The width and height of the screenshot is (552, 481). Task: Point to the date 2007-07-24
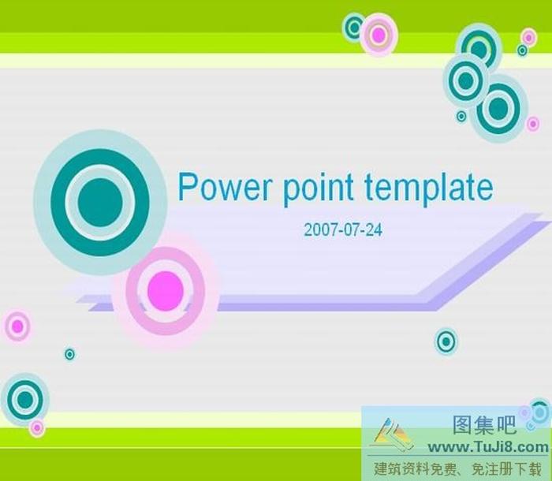coord(342,229)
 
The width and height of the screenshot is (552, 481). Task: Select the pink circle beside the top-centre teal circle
coord(379,35)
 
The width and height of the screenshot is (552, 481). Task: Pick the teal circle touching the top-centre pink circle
coord(354,28)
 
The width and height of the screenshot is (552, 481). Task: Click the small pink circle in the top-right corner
coord(528,37)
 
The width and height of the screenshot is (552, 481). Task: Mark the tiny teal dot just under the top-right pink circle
coord(522,50)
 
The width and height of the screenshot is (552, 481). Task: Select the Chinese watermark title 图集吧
coord(484,426)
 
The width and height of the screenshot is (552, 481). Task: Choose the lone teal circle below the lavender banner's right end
coord(446,341)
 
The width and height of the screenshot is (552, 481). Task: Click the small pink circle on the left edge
coord(17,326)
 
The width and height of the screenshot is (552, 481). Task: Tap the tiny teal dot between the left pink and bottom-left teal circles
coord(69,354)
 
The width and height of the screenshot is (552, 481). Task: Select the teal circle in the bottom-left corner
coord(25,399)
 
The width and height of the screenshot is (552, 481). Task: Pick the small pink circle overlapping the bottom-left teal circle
coord(36,427)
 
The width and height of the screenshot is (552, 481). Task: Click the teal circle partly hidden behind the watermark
coord(539,412)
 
